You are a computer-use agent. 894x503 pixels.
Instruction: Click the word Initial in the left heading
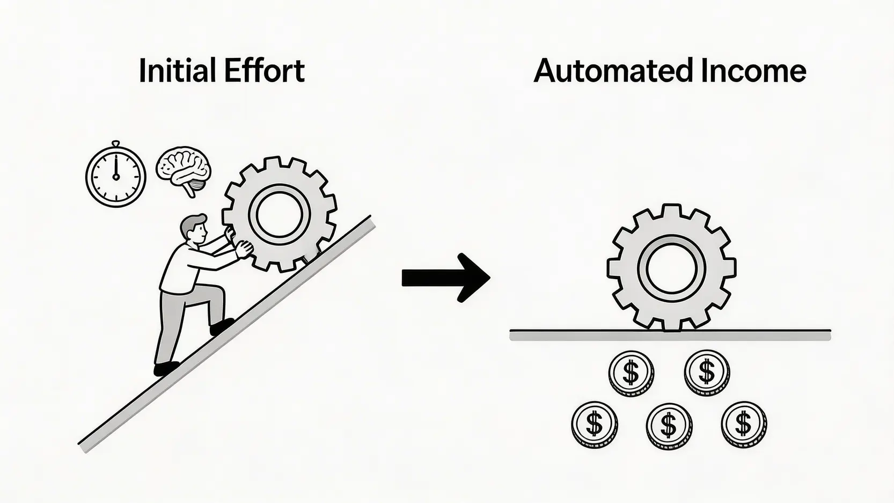(x=177, y=71)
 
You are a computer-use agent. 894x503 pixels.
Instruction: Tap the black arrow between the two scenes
(x=445, y=278)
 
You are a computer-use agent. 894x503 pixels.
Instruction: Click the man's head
(x=194, y=228)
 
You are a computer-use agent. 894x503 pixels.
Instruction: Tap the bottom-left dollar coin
(x=594, y=424)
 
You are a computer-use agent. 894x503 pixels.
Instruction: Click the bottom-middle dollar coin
(x=669, y=425)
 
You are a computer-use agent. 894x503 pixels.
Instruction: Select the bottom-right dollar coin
(x=744, y=424)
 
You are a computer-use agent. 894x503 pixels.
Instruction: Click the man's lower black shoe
(x=166, y=369)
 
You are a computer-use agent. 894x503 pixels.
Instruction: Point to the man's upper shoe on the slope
(x=222, y=325)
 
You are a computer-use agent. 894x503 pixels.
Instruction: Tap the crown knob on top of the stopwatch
(x=115, y=144)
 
